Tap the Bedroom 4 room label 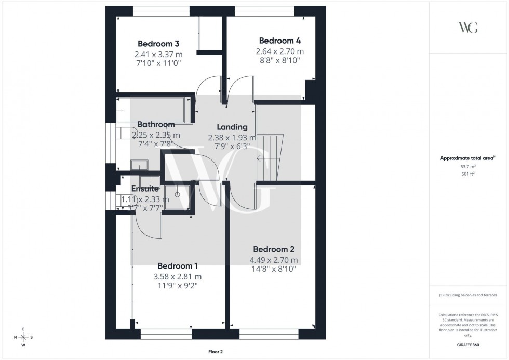tap(279, 41)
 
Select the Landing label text tap(232, 127)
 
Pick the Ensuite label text tap(144, 189)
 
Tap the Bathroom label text tap(156, 125)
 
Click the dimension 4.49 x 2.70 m tap(274, 260)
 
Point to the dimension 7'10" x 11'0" tap(158, 63)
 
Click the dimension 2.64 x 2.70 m tap(279, 51)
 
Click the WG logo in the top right tap(468, 28)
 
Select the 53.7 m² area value tap(468, 166)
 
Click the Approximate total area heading tap(467, 158)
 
